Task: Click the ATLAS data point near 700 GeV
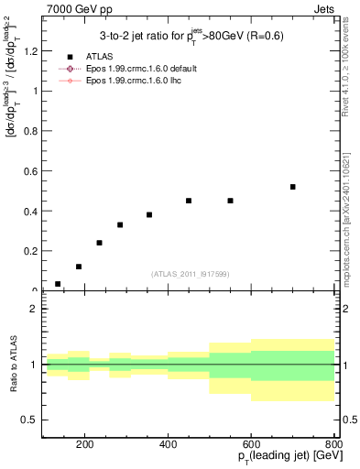pyautogui.click(x=293, y=187)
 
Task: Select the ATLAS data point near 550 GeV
pyautogui.click(x=231, y=201)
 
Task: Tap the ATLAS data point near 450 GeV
pyautogui.click(x=189, y=201)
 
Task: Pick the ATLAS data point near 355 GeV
pyautogui.click(x=149, y=214)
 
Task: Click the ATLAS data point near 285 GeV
pyautogui.click(x=120, y=224)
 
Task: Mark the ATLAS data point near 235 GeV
pyautogui.click(x=99, y=243)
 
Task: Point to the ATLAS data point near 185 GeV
pyautogui.click(x=79, y=267)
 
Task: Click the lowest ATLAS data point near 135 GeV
pyautogui.click(x=58, y=284)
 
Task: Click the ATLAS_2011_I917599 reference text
pyautogui.click(x=191, y=274)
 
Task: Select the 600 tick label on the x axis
pyautogui.click(x=251, y=445)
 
